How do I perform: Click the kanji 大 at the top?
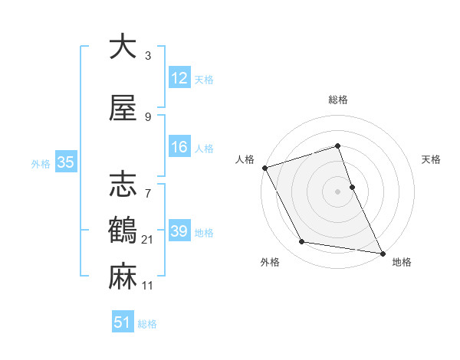123,47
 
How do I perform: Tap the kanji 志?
123,185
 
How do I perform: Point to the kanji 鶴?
123,229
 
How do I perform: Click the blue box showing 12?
179,78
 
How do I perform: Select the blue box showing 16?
179,147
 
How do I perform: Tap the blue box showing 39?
179,231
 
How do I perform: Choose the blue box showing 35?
65,162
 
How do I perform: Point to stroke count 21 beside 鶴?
148,241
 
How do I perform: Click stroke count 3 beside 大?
148,56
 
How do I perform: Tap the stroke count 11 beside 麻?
148,286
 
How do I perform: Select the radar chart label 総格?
337,100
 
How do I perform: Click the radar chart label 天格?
431,159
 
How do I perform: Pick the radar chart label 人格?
245,159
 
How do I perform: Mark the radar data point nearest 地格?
381,252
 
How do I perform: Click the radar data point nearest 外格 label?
301,242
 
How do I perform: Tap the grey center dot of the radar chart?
337,191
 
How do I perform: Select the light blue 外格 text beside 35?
41,163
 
